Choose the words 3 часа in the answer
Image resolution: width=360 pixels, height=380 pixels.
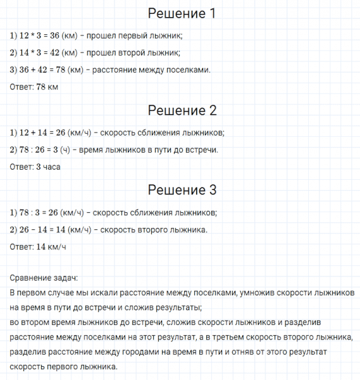tap(52, 167)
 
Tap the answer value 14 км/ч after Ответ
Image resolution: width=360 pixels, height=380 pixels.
tap(51, 246)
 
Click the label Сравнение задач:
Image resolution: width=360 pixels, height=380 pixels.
tap(44, 278)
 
